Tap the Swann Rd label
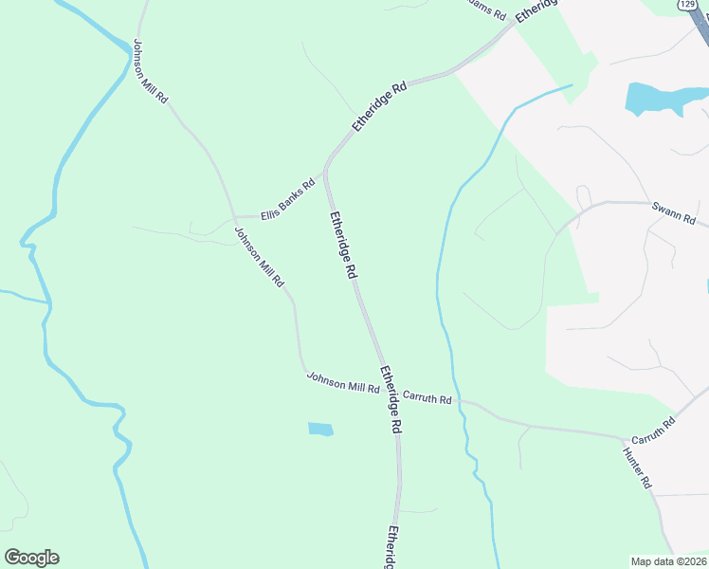coord(673,213)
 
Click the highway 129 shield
coord(688,5)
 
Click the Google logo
coord(31,558)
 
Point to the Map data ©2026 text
coord(668,561)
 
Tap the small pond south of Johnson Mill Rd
coord(320,430)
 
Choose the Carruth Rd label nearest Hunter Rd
coord(652,431)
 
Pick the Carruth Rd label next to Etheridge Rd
coord(427,398)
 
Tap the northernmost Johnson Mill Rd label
coord(151,71)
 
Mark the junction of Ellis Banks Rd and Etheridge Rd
coord(324,174)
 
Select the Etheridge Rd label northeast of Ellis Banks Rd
coord(379,106)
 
